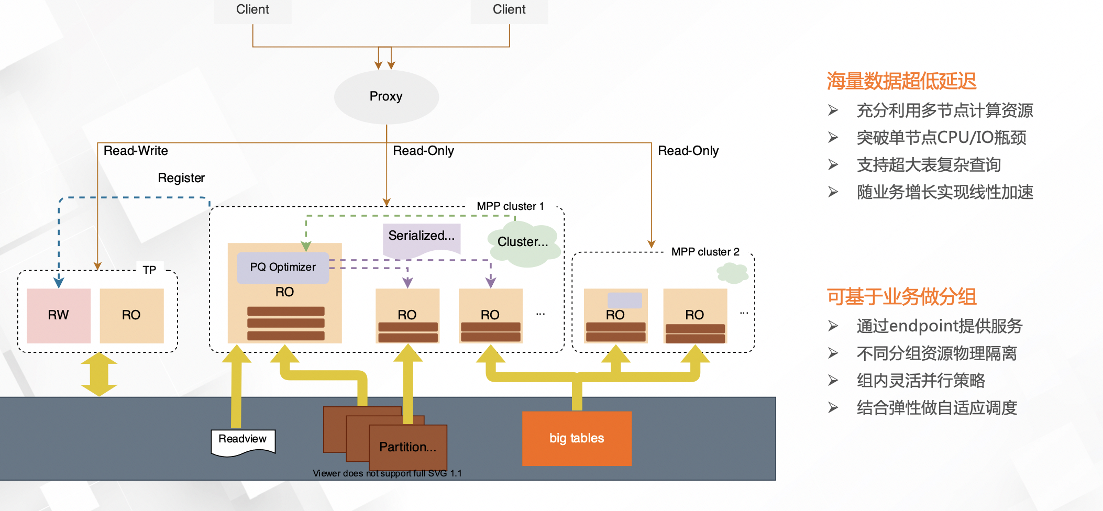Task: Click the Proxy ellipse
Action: coord(386,97)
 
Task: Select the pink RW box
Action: coord(59,316)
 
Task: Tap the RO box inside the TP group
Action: coord(131,316)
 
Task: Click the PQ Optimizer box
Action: coord(283,268)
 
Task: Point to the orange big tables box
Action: coord(577,438)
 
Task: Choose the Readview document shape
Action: coord(242,441)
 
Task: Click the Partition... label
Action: coord(407,447)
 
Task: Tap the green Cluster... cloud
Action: coord(523,243)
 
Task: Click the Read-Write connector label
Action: coord(136,151)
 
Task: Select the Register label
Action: coord(181,178)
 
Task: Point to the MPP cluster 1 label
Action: coord(510,206)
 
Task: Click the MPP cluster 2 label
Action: coord(705,252)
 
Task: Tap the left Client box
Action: coord(252,10)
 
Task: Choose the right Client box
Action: coord(509,10)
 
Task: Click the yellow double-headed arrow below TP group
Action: coord(99,374)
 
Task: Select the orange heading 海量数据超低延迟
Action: coord(901,81)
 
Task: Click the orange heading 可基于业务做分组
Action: coord(901,297)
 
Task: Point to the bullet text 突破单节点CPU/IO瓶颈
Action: coord(941,138)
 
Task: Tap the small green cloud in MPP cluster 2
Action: coord(732,273)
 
